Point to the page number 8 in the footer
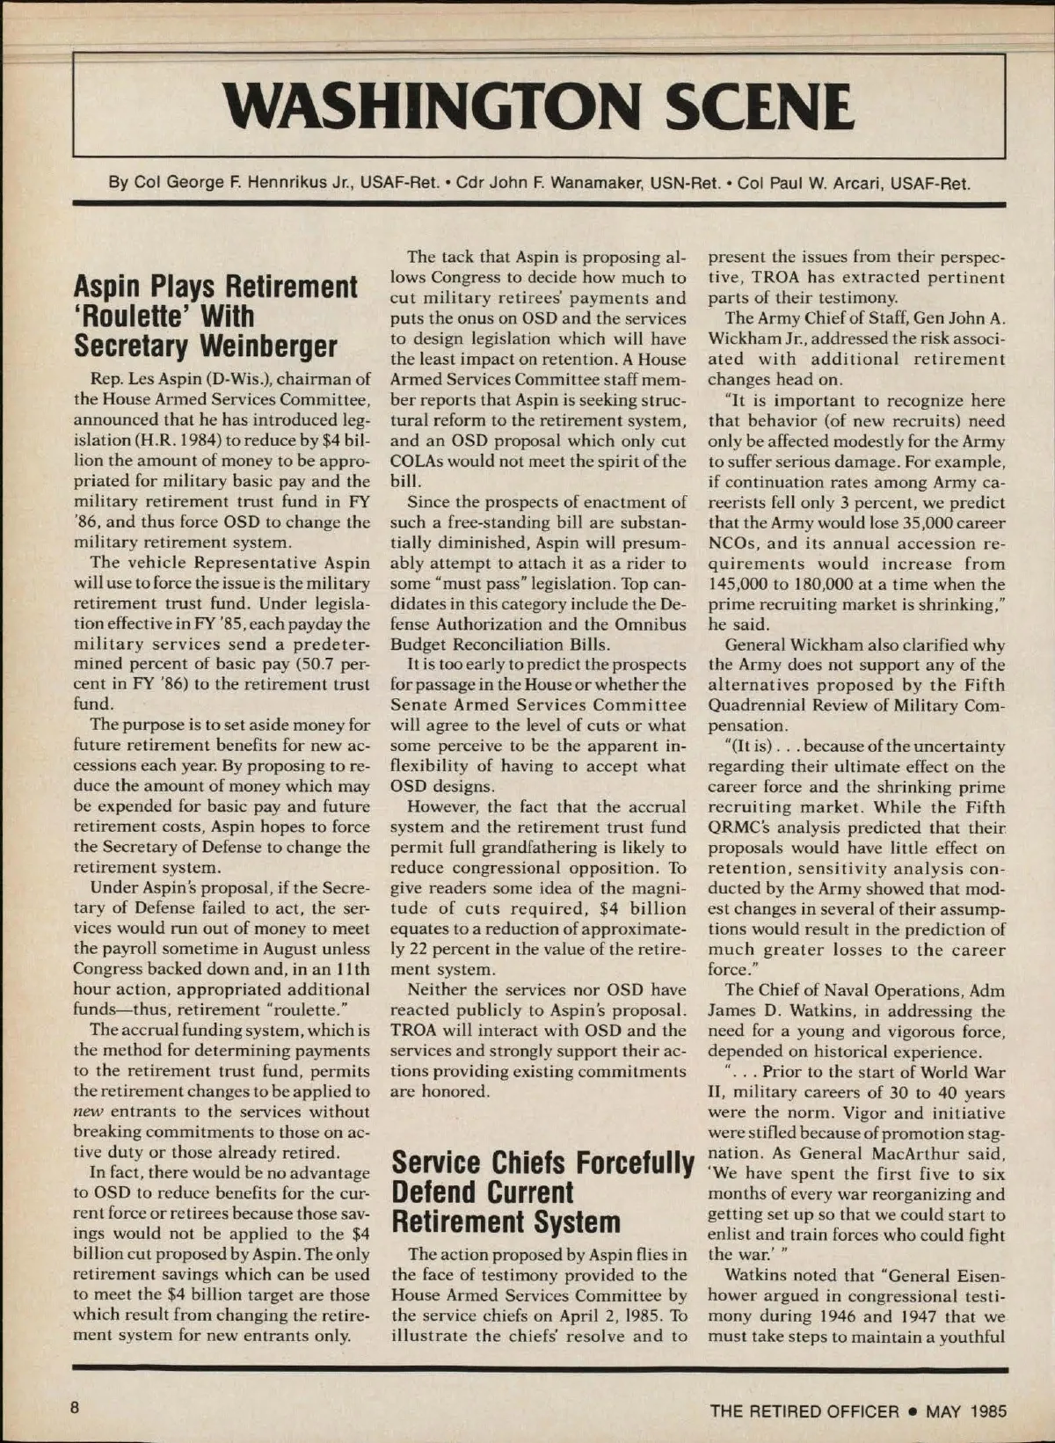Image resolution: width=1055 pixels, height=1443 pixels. click(76, 1408)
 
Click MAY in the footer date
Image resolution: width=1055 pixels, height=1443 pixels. click(944, 1411)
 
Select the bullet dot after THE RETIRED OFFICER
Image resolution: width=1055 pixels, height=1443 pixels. click(913, 1411)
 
